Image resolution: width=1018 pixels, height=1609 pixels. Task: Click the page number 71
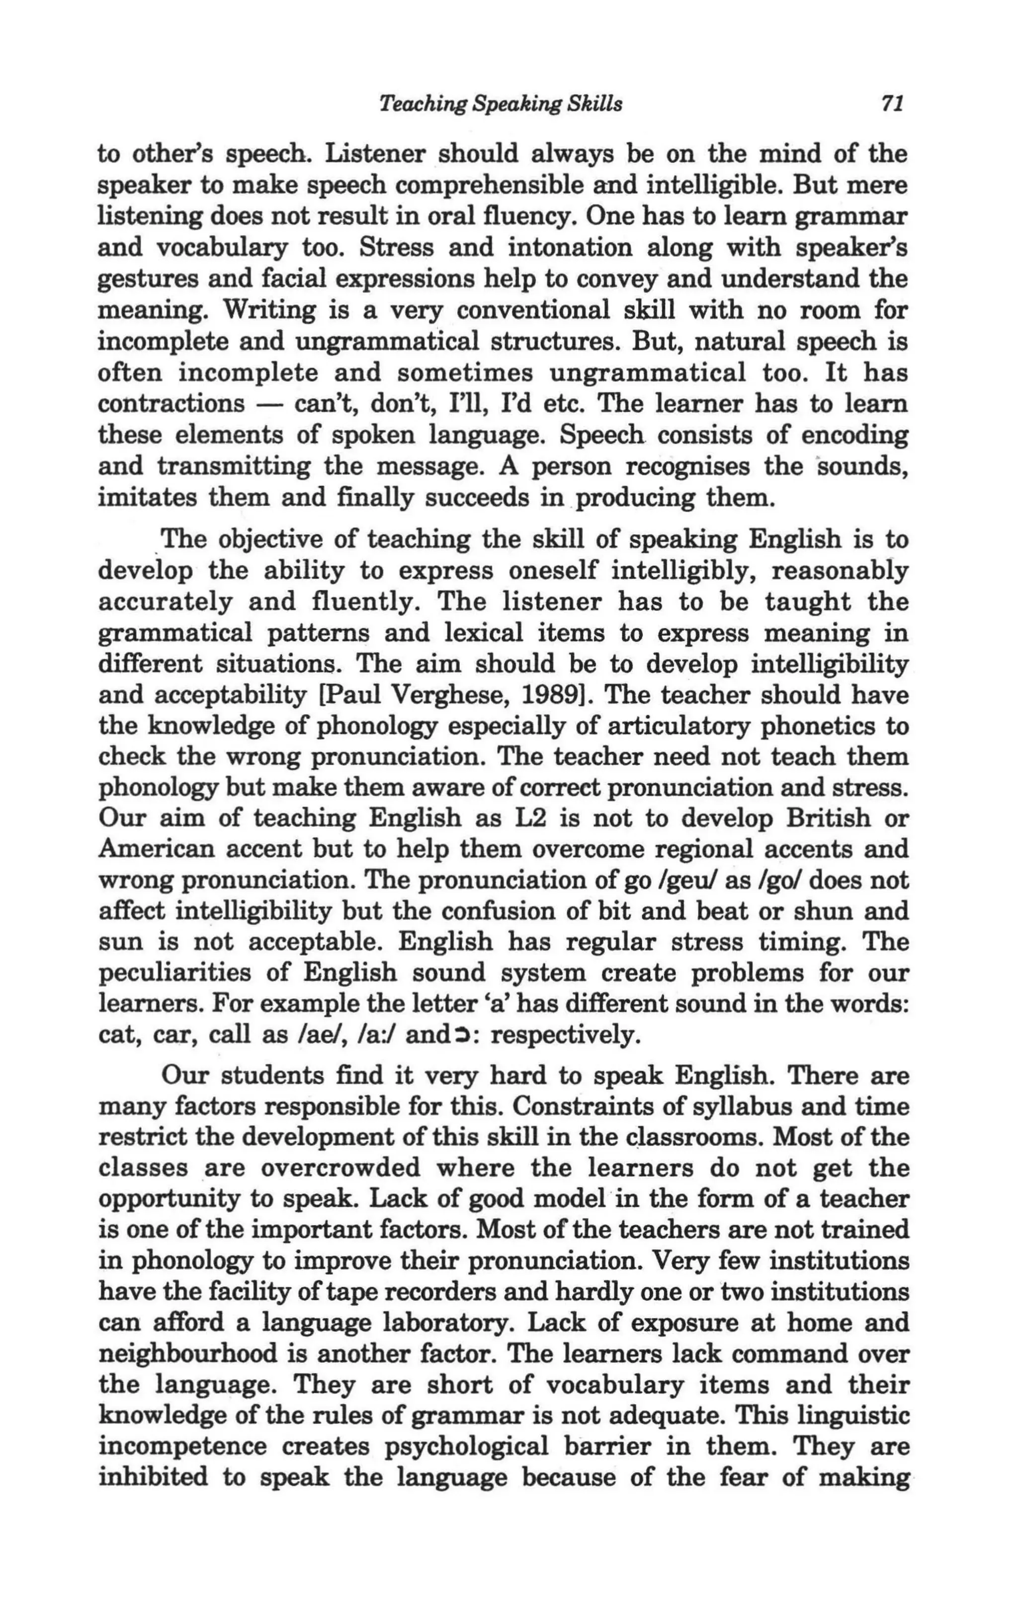[x=892, y=104]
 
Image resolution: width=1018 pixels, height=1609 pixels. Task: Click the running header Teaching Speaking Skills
[x=501, y=104]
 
